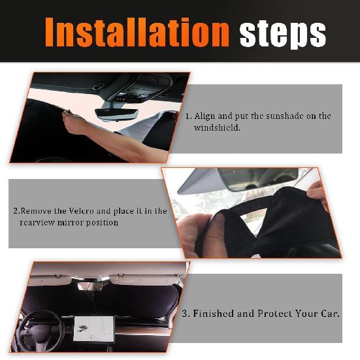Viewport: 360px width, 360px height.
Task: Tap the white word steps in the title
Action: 282,33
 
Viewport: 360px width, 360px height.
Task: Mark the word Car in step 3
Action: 329,314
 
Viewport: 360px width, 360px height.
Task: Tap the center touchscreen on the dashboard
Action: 94,325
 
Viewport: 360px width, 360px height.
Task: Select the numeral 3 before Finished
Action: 185,314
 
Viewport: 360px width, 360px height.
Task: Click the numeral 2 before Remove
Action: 16,211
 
